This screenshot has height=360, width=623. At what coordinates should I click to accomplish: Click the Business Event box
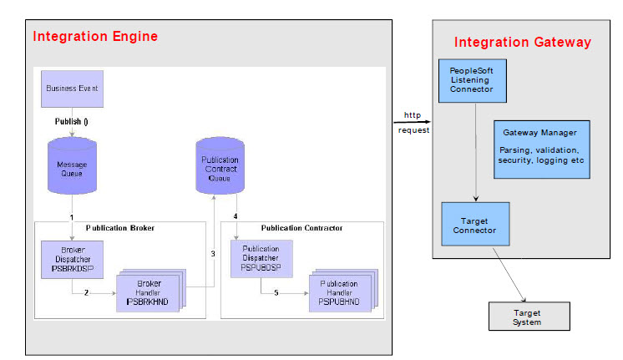72,88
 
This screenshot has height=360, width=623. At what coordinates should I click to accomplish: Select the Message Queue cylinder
72,167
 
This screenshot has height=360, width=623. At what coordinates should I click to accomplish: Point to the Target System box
527,317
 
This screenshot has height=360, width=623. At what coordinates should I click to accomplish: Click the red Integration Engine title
94,37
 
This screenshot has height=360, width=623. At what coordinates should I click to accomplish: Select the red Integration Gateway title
522,42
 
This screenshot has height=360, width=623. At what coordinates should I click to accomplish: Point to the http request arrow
412,122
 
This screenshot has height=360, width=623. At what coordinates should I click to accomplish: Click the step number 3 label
212,253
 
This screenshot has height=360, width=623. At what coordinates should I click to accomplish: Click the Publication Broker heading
119,227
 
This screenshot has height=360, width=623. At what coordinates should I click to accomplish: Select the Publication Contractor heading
301,227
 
